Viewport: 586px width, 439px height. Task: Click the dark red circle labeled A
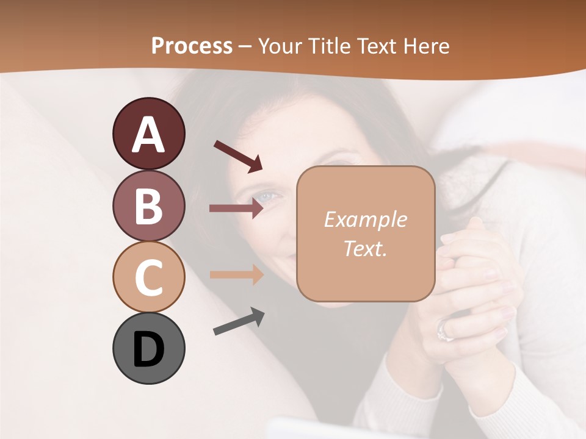tap(149, 134)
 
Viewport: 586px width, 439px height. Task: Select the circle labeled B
tap(149, 205)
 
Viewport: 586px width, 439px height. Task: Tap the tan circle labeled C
tap(149, 277)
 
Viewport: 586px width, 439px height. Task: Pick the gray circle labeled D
tap(149, 348)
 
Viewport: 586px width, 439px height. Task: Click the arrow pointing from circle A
tap(237, 155)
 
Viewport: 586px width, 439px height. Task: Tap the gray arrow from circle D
tap(239, 321)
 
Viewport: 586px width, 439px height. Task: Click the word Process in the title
tap(192, 46)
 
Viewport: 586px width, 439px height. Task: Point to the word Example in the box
tap(365, 220)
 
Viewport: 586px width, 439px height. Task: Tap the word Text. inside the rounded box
tap(365, 248)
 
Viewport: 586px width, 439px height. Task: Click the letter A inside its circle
tap(149, 135)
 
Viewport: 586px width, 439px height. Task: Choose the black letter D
tap(149, 349)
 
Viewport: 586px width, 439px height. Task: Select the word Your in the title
tap(279, 46)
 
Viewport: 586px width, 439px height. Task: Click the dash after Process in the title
tap(245, 46)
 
